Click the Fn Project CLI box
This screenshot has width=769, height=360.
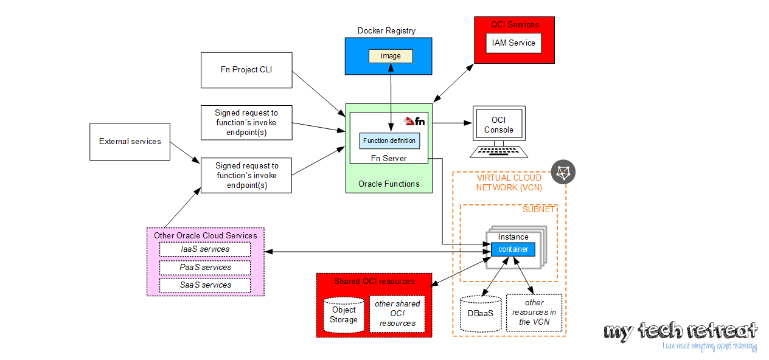click(246, 69)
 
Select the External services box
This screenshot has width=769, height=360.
click(130, 142)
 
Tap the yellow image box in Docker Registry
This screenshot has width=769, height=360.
click(391, 56)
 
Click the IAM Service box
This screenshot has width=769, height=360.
click(513, 43)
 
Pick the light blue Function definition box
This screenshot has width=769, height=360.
click(389, 140)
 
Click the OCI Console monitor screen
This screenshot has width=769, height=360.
click(499, 125)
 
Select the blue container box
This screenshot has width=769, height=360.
click(513, 249)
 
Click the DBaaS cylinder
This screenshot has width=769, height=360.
click(481, 314)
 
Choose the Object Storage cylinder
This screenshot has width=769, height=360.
click(344, 315)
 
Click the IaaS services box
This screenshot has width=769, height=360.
click(205, 249)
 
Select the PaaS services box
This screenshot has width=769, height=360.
click(205, 267)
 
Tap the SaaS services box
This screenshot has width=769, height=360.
click(205, 285)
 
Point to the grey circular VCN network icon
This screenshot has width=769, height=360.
click(563, 172)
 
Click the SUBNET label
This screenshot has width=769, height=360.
click(539, 209)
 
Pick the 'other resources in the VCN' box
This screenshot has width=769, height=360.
click(534, 312)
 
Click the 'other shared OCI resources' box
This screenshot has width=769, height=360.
click(397, 314)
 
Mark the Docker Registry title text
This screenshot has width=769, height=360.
click(386, 31)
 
